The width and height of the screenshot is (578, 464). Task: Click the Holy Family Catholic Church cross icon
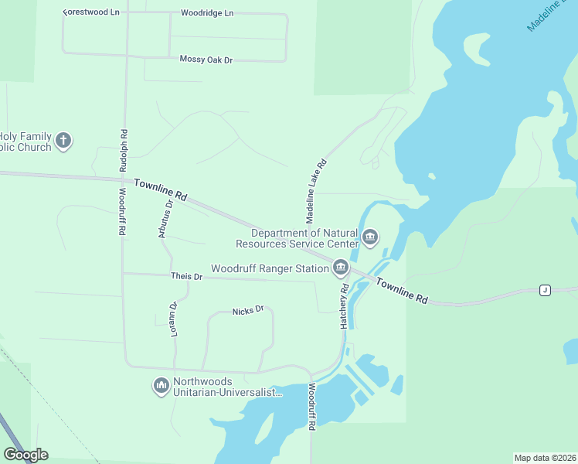[x=63, y=140]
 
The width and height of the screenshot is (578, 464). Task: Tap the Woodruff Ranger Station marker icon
[x=340, y=268]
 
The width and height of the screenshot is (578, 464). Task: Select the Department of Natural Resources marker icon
[x=370, y=236]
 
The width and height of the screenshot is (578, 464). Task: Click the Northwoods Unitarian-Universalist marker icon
[x=161, y=384]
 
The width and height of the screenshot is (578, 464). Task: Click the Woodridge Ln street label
[x=206, y=13]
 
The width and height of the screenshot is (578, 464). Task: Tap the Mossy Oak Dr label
[x=206, y=60]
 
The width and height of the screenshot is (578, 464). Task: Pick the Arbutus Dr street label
[x=164, y=218]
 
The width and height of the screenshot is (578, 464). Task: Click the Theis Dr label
[x=186, y=276]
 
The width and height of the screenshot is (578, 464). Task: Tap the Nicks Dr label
[x=248, y=310]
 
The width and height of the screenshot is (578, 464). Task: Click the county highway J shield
[x=545, y=290]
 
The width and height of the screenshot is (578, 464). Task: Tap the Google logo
[x=25, y=455]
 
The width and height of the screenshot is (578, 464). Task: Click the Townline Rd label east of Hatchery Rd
[x=402, y=290]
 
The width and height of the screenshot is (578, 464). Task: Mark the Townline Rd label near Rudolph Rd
[x=161, y=190]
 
